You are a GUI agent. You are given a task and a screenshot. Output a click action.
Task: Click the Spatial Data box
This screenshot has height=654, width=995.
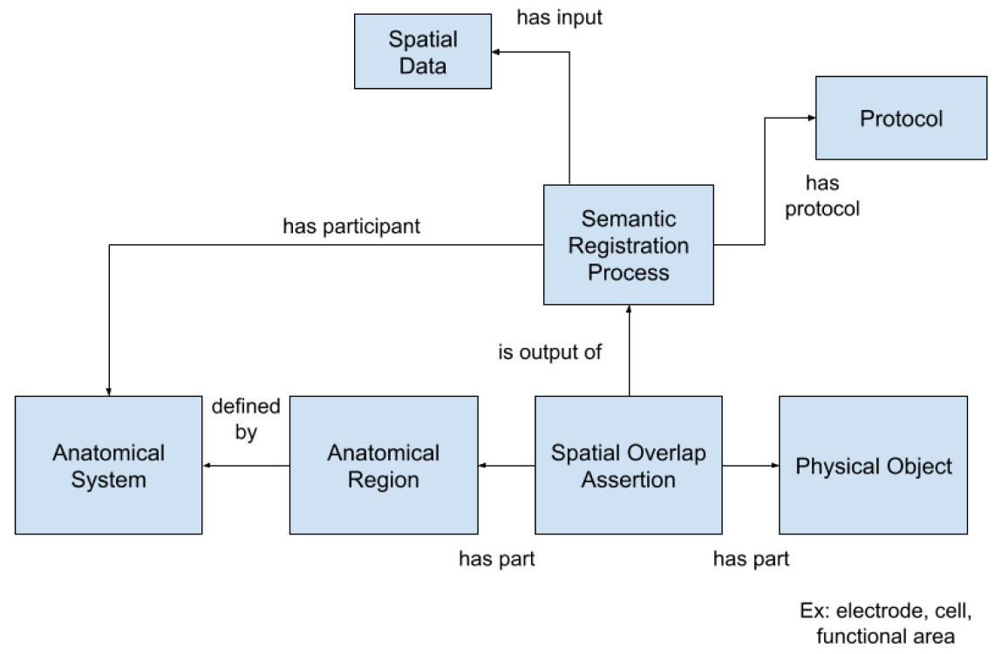click(422, 51)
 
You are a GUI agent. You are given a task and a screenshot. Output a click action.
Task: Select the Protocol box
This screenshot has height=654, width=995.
click(901, 118)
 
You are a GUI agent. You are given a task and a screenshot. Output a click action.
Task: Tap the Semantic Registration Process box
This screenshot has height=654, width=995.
click(628, 245)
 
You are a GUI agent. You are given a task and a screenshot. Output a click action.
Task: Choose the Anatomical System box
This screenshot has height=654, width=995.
click(108, 466)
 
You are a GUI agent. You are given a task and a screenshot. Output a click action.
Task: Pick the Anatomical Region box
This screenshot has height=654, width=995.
click(384, 466)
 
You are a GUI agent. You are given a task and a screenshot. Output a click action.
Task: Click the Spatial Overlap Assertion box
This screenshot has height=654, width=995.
click(628, 466)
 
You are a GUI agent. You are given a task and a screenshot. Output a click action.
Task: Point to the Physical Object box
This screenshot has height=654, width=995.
click(873, 466)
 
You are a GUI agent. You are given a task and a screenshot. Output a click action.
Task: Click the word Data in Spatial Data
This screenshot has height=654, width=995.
click(423, 66)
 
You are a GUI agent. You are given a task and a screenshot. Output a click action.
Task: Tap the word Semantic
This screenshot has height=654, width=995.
click(629, 218)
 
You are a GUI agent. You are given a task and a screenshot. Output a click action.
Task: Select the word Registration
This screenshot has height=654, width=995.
click(629, 245)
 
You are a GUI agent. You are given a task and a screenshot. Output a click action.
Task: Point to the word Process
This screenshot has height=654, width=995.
click(629, 272)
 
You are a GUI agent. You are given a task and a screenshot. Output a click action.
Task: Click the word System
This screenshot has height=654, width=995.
click(109, 480)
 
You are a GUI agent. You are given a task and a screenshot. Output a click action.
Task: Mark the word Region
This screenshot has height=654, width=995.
click(384, 480)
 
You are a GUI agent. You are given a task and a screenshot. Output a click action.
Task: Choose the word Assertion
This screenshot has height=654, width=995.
click(629, 480)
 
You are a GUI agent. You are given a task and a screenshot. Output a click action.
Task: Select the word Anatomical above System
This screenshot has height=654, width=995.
click(109, 453)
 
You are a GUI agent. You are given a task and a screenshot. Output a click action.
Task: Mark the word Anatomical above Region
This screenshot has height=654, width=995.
click(384, 453)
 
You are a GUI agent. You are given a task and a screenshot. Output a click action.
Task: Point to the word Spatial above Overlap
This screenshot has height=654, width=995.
click(586, 453)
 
